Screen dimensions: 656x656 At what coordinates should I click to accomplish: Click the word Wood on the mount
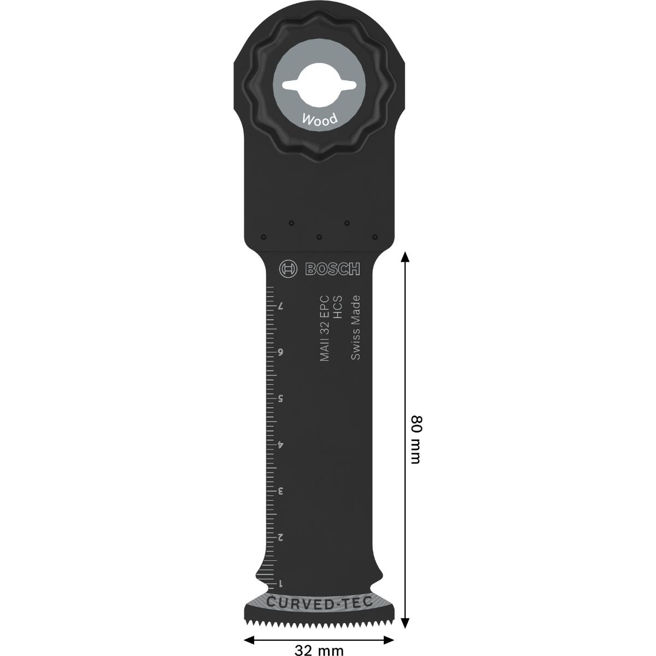pyautogui.click(x=320, y=119)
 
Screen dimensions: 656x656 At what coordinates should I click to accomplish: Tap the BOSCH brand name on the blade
pyautogui.click(x=332, y=269)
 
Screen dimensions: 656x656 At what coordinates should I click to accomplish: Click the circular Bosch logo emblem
pyautogui.click(x=288, y=269)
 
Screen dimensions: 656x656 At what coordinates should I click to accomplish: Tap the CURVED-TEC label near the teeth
pyautogui.click(x=320, y=603)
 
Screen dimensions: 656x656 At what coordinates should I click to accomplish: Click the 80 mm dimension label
pyautogui.click(x=415, y=439)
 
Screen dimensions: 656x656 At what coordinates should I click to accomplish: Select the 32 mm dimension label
pyautogui.click(x=319, y=650)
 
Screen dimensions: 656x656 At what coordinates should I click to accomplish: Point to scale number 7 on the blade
pyautogui.click(x=280, y=306)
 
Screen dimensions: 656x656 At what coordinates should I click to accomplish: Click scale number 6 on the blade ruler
pyautogui.click(x=280, y=352)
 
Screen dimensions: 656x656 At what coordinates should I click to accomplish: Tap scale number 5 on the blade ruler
pyautogui.click(x=280, y=399)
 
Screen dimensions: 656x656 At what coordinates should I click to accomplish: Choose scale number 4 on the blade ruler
pyautogui.click(x=280, y=445)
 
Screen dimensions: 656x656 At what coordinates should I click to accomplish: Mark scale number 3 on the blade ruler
pyautogui.click(x=280, y=491)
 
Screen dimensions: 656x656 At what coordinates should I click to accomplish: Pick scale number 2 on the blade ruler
pyautogui.click(x=280, y=537)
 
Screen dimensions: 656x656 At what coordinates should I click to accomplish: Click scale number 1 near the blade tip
pyautogui.click(x=280, y=583)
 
